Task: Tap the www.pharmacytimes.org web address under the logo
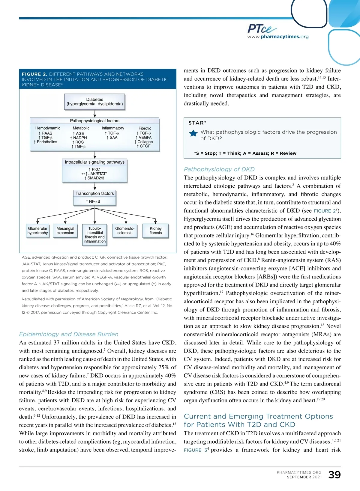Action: [x=278, y=37]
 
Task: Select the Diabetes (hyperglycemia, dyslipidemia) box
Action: [x=94, y=102]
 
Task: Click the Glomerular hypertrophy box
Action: [x=37, y=231]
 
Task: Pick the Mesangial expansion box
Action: [x=65, y=231]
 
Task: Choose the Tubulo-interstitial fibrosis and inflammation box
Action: [x=94, y=235]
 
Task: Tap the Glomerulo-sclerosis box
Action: [x=125, y=231]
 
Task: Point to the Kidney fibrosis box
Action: [x=156, y=231]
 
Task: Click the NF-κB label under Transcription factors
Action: [x=94, y=201]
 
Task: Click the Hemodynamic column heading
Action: [x=48, y=128]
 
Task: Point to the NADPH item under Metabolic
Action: [x=80, y=138]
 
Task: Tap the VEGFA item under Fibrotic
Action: [x=145, y=138]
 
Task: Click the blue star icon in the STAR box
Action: [x=193, y=133]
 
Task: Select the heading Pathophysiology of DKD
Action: [x=219, y=169]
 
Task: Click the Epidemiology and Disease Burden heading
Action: [x=69, y=334]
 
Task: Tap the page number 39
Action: [x=334, y=475]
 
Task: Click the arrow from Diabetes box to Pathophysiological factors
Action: [x=95, y=113]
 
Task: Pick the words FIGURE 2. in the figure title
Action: [x=34, y=74]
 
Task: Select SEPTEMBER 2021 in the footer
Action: [x=304, y=477]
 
